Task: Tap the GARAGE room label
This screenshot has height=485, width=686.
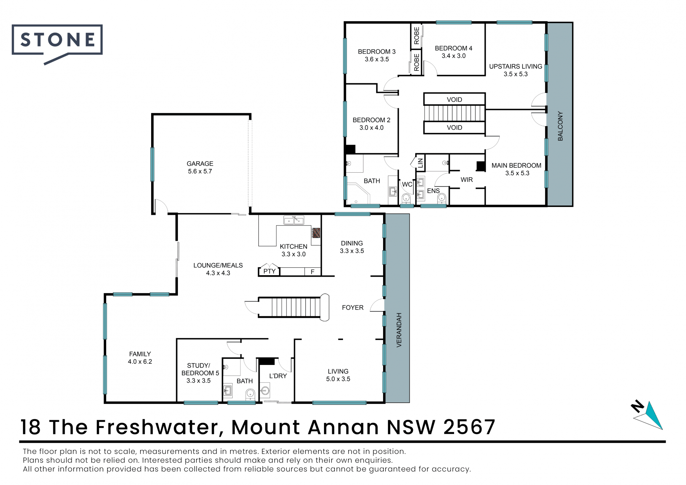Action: [x=200, y=164]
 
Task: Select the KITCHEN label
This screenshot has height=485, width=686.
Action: [x=293, y=247]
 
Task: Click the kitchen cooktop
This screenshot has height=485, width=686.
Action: [x=316, y=233]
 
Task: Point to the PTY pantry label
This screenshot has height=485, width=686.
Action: [x=269, y=271]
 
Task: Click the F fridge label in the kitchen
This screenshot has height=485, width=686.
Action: [x=312, y=272]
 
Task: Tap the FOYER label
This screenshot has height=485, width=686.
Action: [x=353, y=307]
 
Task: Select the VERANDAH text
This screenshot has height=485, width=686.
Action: [x=399, y=330]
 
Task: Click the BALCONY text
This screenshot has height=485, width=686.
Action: [x=560, y=126]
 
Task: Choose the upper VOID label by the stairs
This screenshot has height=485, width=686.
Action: [x=454, y=100]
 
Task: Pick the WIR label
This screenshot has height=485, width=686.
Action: [x=467, y=180]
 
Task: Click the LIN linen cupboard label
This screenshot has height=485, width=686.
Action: [x=421, y=163]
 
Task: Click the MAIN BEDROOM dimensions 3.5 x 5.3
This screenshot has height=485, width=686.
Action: [x=517, y=173]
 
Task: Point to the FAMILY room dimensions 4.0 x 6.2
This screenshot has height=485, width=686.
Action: [x=140, y=362]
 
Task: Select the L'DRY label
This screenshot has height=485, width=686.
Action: [x=278, y=376]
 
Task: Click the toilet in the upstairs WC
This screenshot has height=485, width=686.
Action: [x=406, y=198]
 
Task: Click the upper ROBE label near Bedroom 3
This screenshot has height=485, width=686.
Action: [x=417, y=36]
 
